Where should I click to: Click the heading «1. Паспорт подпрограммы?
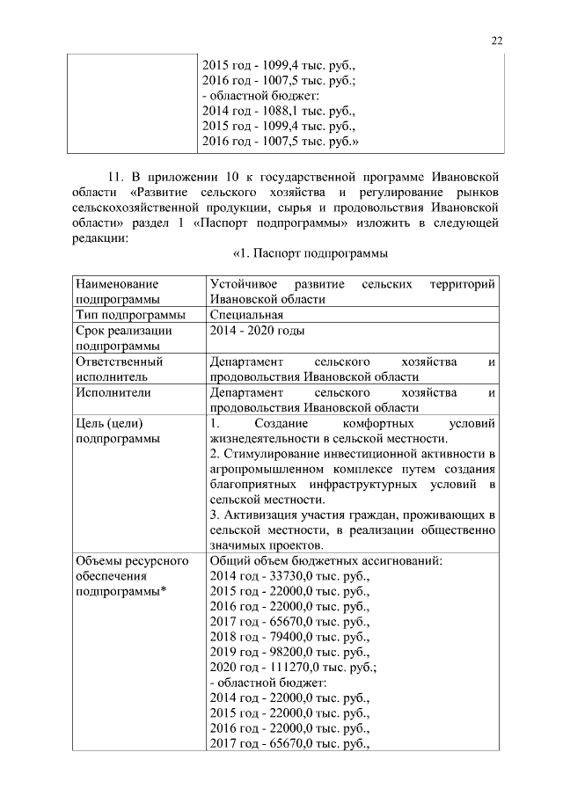coord(310,254)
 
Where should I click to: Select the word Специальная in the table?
coord(246,315)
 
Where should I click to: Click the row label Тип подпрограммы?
coord(130,315)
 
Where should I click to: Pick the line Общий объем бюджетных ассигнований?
coord(325,560)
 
